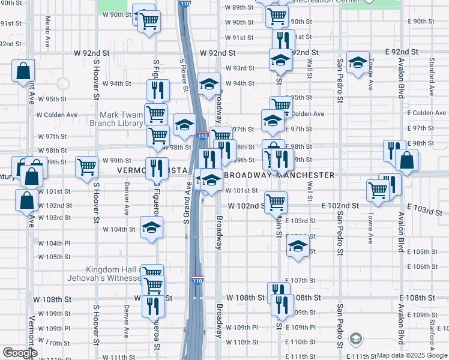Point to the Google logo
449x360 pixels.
(20, 353)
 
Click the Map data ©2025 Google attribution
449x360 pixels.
(412, 355)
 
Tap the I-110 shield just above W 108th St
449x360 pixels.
(197, 280)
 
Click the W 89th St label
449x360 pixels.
(240, 7)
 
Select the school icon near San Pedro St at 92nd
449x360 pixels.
(358, 63)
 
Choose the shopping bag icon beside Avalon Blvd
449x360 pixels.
(407, 160)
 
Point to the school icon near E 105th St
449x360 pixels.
(298, 245)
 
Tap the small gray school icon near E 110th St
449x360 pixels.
(355, 339)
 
